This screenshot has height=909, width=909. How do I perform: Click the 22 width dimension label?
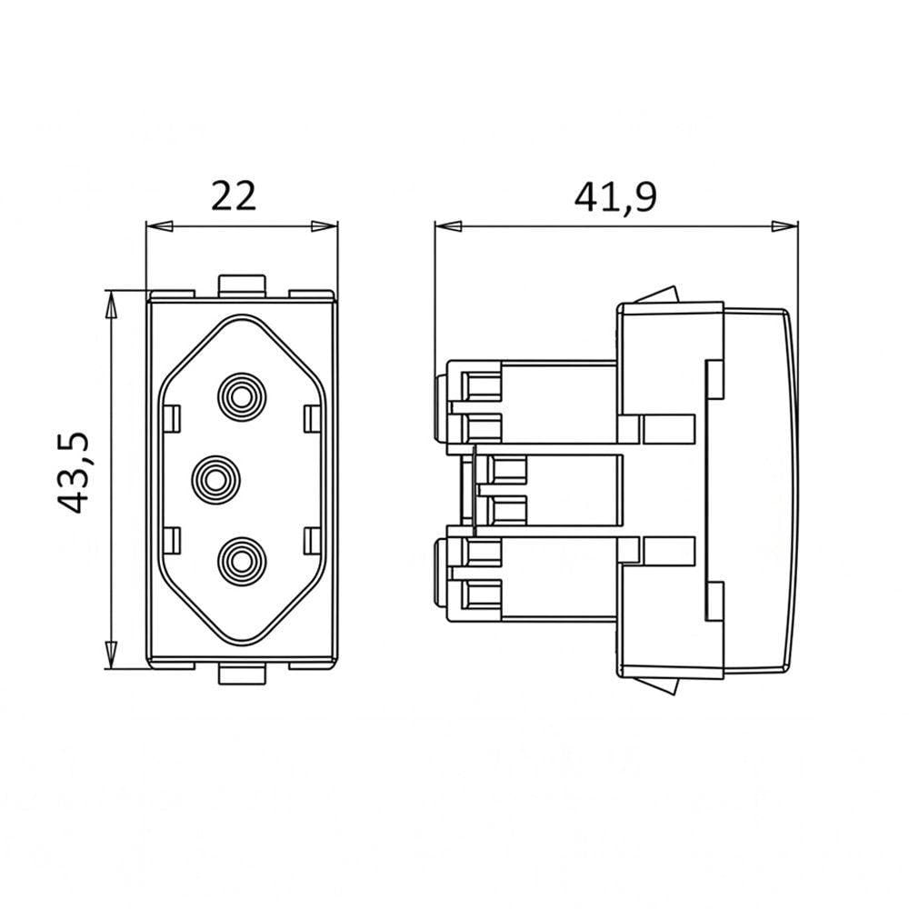point(234,196)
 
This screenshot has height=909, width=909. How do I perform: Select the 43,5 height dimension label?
point(75,473)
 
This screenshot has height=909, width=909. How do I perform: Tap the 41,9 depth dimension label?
point(615,197)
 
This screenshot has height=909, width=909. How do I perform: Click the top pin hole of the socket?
point(243,397)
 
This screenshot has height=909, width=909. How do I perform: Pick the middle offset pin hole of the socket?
point(216,479)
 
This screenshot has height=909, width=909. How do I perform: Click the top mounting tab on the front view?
point(242,285)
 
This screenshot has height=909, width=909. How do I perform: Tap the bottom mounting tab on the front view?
point(242,674)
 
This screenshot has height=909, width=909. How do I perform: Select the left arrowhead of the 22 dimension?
point(159,226)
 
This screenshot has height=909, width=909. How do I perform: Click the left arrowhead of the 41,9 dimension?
point(448,226)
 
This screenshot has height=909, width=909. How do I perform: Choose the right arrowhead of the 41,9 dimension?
point(784,226)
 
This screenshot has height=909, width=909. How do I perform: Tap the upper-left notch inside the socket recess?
point(172,418)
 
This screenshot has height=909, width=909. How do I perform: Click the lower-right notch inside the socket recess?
point(313,540)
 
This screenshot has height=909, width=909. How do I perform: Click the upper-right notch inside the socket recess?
point(313,418)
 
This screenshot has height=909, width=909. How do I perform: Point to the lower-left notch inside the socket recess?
point(172,540)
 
